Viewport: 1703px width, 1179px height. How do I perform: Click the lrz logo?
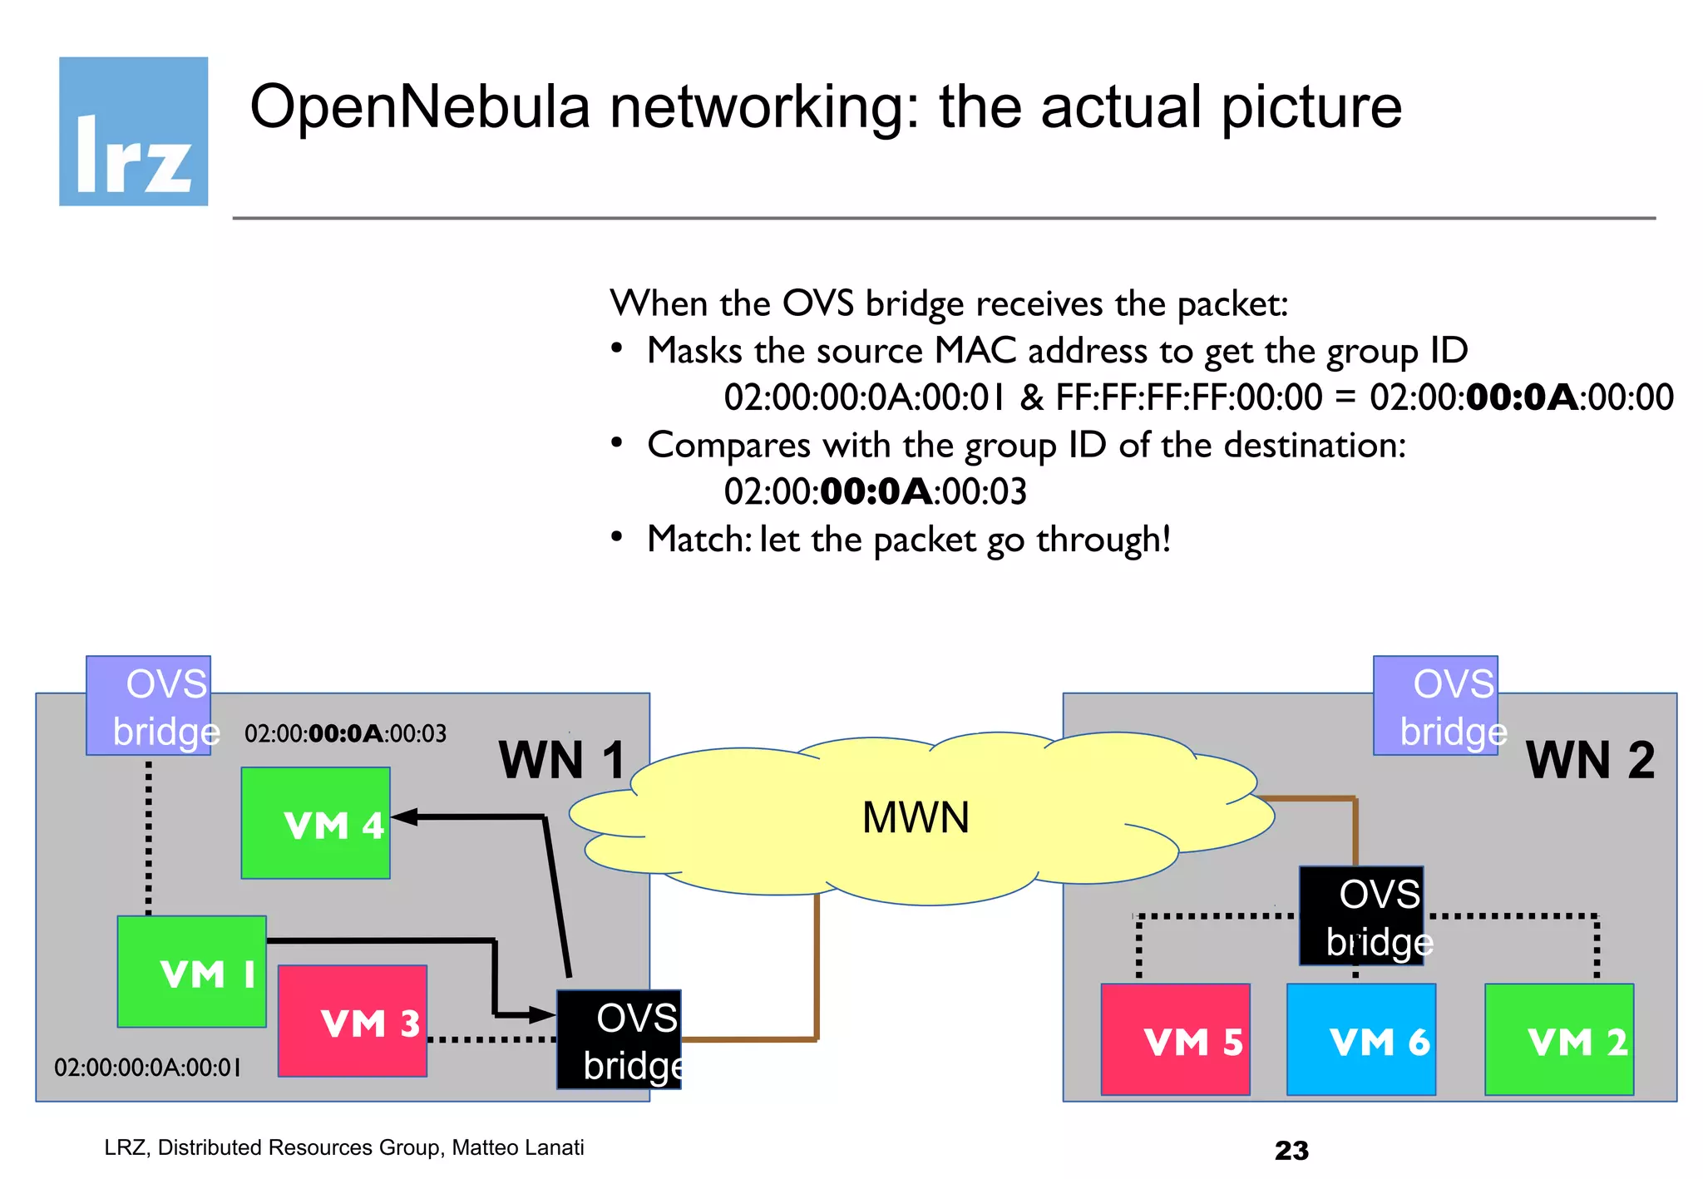click(133, 131)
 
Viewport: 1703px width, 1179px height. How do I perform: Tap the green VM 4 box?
click(315, 822)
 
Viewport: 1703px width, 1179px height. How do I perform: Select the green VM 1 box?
click(191, 971)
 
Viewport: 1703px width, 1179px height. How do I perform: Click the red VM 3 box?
click(352, 1021)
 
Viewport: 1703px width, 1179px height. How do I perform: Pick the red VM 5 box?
click(1175, 1039)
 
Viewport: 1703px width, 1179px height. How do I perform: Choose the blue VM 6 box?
click(1360, 1039)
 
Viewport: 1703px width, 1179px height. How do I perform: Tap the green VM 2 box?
click(1559, 1039)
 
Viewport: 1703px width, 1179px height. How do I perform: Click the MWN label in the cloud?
click(916, 817)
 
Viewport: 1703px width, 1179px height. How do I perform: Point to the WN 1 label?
click(562, 759)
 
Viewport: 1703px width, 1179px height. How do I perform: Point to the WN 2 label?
click(1590, 759)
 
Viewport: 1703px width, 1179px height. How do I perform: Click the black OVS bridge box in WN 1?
click(619, 1039)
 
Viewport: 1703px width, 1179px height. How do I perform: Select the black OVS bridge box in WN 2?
click(1361, 915)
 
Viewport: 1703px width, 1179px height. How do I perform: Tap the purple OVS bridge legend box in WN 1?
click(148, 705)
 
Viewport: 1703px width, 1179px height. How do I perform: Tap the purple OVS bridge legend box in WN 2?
click(1435, 705)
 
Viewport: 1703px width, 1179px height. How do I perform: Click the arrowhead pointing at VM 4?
click(402, 816)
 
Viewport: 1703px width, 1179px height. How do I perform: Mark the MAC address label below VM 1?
click(147, 1067)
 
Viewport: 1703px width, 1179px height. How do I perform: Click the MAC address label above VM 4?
click(345, 733)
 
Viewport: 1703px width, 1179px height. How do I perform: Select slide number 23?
click(1291, 1151)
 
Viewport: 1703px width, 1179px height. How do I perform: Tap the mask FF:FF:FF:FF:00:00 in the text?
click(1188, 397)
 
